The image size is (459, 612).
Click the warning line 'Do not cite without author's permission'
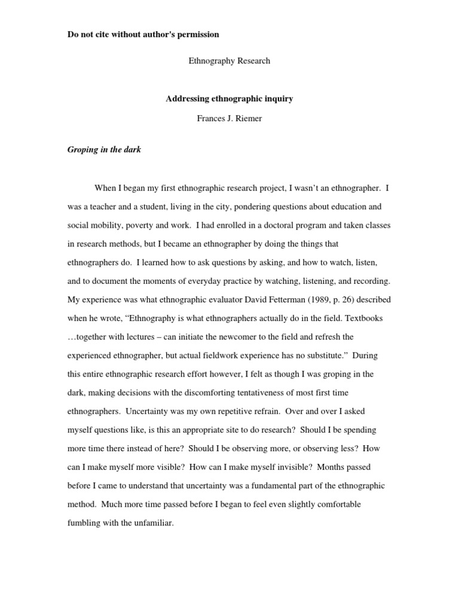(143, 35)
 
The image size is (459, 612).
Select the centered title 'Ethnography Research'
(229, 61)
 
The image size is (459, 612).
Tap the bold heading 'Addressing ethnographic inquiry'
(229, 99)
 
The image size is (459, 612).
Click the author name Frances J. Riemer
(229, 118)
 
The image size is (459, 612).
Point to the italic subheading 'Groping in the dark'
(104, 149)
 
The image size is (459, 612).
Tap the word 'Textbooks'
(372, 318)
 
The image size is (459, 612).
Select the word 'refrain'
(264, 411)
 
